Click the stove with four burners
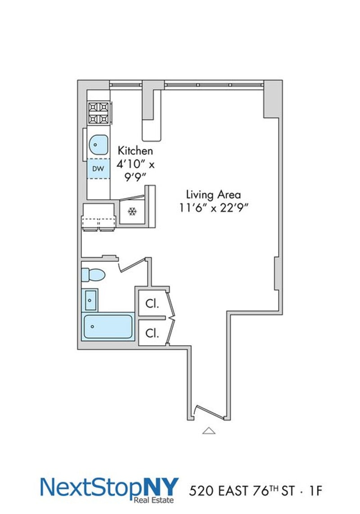click(99, 113)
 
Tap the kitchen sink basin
click(99, 144)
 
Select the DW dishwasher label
click(98, 169)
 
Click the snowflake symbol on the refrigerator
click(132, 212)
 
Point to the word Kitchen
click(135, 151)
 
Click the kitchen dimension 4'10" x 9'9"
click(135, 171)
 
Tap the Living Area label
click(213, 194)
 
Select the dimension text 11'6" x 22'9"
click(213, 208)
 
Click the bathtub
click(108, 327)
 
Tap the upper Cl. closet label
click(152, 304)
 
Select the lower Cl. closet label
click(152, 334)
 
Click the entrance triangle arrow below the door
click(209, 431)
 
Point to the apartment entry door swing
click(210, 412)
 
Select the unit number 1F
click(316, 491)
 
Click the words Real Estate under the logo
click(154, 500)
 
